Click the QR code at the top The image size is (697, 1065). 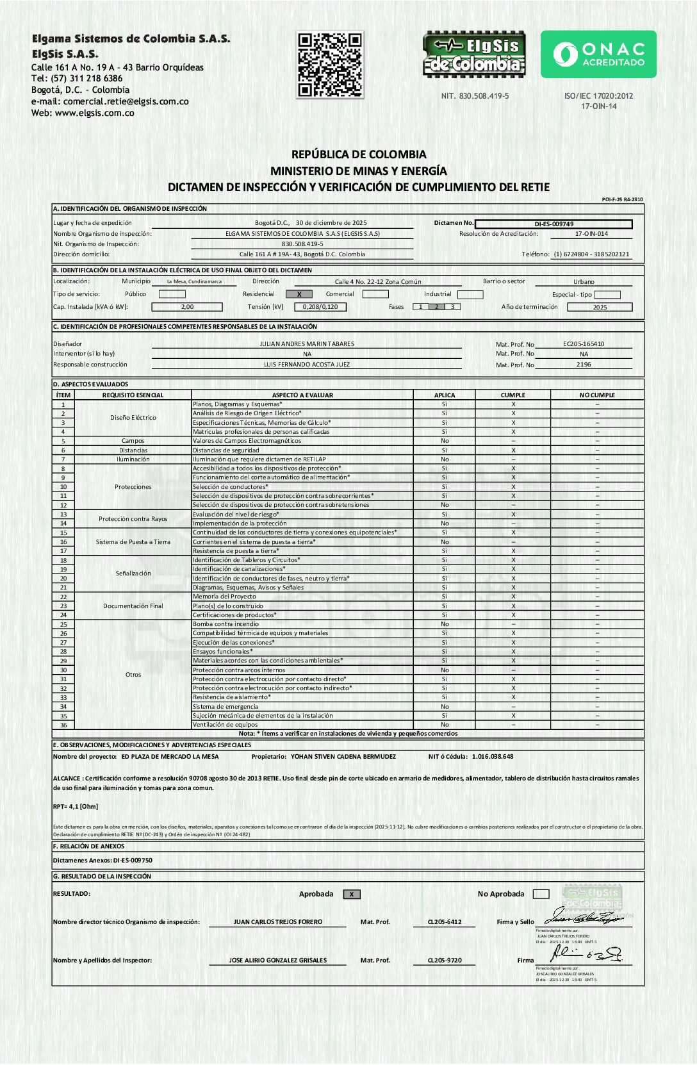point(330,65)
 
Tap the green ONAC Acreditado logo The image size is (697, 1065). point(598,54)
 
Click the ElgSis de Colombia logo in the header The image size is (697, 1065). point(474,54)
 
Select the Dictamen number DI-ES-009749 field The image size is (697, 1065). point(553,224)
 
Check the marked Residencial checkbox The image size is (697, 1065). point(299,294)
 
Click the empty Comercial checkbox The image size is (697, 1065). point(375,294)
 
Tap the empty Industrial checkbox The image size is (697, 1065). point(470,294)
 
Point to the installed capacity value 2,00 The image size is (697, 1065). point(187,307)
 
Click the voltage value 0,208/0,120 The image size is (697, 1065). point(320,307)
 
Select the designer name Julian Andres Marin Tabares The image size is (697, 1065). point(307,344)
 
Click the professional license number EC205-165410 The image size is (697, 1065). point(584,344)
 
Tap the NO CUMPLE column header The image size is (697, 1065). point(597,395)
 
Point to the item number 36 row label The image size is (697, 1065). point(63,725)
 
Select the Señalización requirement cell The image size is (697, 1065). point(133,574)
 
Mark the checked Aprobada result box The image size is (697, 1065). point(352,895)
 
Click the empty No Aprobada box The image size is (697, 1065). point(541,895)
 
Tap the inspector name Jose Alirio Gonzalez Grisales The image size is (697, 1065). point(278,961)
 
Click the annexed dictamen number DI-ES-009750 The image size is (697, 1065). point(133,861)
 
